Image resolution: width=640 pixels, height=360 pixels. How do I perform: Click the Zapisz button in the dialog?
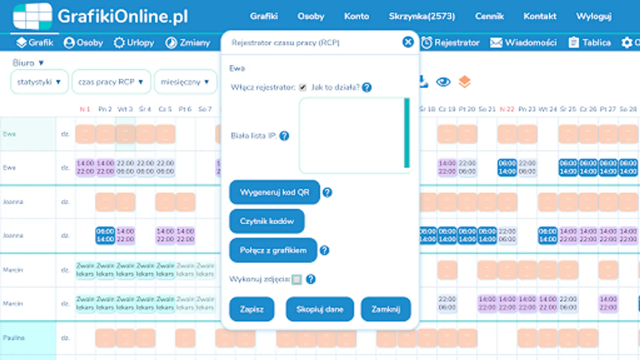tap(252, 309)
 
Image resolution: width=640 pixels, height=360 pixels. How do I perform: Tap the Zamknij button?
tap(386, 309)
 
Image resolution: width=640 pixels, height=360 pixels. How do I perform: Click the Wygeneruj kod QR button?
tap(274, 192)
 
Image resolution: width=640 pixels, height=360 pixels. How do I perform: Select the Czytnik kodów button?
tap(267, 221)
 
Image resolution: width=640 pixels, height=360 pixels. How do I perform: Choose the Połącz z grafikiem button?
tap(273, 250)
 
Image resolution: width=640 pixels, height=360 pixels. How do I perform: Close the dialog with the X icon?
tap(408, 42)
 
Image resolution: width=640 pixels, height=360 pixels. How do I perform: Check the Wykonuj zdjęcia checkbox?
tap(296, 280)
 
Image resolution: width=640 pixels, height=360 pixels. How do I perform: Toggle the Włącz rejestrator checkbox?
tap(303, 88)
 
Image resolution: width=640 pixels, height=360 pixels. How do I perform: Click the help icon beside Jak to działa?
tap(367, 88)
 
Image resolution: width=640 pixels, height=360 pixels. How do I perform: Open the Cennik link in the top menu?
tap(489, 16)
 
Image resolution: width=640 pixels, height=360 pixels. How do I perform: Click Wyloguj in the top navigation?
tap(594, 16)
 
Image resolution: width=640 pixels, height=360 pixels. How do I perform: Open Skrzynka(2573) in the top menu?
tap(422, 16)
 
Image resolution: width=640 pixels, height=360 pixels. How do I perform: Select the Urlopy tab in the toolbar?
tap(134, 42)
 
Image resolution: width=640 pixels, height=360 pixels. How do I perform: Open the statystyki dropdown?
tap(39, 82)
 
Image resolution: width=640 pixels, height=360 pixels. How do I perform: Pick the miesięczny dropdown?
tap(185, 82)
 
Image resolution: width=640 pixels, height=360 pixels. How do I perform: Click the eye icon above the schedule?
tap(443, 82)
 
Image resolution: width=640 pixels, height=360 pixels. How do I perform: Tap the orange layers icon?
tap(464, 82)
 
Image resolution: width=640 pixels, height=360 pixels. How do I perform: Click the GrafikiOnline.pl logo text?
tap(122, 17)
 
